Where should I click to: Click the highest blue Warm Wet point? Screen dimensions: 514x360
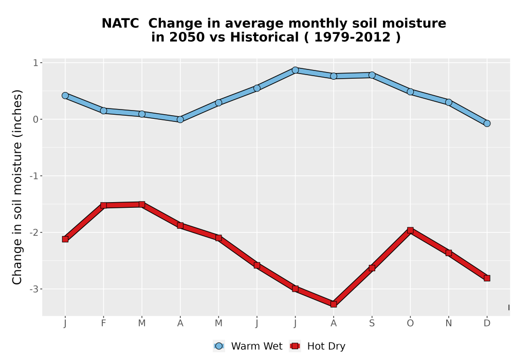295,70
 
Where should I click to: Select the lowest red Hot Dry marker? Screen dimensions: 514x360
334,304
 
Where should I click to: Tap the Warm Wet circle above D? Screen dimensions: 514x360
487,123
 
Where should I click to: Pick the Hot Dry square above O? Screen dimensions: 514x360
410,230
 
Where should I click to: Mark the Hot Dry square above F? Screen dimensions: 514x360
103,206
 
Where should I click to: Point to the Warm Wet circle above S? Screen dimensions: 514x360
372,75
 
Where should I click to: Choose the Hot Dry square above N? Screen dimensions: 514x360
448,253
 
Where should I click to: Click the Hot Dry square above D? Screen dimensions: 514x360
487,278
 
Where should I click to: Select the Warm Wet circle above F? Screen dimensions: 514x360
103,111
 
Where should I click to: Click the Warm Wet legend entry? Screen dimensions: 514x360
248,346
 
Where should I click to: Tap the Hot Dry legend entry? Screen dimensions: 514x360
317,346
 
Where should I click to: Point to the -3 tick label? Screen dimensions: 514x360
34,289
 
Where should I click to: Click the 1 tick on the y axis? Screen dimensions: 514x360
36,63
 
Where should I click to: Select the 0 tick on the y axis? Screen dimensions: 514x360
36,119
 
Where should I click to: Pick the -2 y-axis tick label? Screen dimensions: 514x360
34,232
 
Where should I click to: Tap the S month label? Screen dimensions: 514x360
372,323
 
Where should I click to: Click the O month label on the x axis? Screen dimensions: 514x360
410,323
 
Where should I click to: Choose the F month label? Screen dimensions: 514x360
103,323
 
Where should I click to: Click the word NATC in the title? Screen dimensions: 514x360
120,24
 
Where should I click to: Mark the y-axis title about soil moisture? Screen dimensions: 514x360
17,187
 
